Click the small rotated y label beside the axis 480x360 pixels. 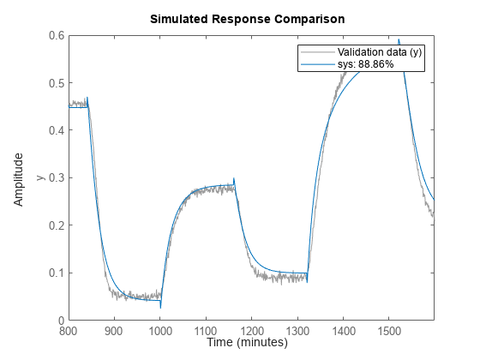click(x=39, y=178)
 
